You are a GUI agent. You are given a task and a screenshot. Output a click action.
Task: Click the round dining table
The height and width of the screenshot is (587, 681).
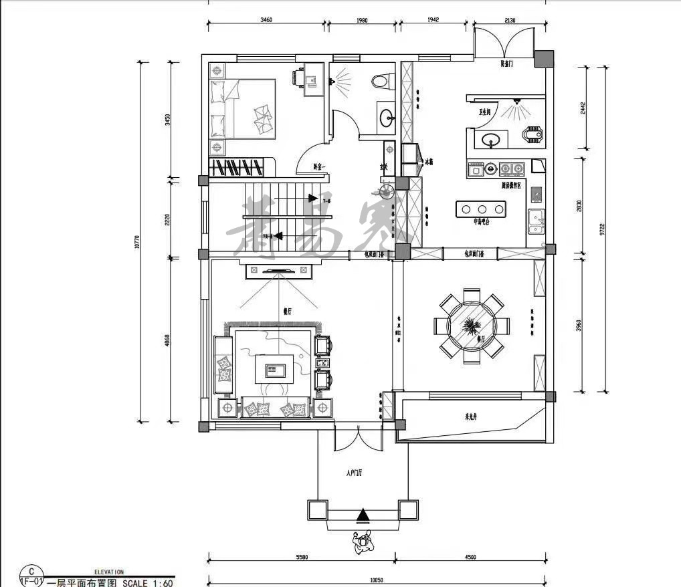[471, 328]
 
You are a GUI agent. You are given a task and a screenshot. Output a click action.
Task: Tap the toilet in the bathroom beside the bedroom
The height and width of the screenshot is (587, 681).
[380, 80]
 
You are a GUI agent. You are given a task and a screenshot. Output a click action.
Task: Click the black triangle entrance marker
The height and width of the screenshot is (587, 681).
[362, 515]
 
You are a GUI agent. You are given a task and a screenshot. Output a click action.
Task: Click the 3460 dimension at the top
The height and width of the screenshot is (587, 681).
[266, 21]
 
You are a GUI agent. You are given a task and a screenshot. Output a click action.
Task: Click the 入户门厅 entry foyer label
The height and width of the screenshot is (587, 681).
[354, 473]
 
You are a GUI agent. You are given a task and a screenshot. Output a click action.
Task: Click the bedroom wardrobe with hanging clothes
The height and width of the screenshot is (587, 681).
[241, 166]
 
